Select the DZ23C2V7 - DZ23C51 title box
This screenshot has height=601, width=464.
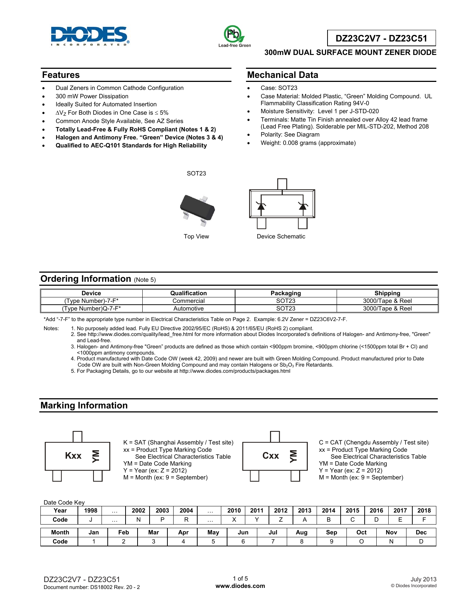381,38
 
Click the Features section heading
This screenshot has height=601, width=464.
61,75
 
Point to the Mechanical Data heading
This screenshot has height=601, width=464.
283,75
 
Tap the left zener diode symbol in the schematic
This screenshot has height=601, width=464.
261,206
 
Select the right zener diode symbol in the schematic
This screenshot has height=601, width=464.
302,206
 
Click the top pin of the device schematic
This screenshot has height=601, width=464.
282,184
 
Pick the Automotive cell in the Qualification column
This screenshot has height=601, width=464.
189,309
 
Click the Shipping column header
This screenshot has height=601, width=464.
387,293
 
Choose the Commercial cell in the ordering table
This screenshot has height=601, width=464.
189,301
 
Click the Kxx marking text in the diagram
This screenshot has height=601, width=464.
73,456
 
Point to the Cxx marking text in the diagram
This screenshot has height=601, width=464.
271,456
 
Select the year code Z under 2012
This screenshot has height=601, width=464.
281,520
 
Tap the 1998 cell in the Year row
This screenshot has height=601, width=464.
91,511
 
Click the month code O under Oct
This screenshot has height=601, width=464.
361,542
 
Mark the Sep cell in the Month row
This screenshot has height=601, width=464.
332,533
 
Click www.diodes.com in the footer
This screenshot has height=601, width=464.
240,586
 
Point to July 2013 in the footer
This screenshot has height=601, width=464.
423,579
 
